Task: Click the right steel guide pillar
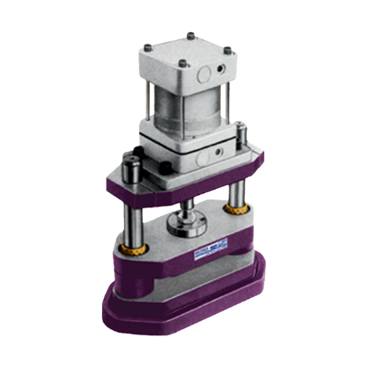(238, 191)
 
